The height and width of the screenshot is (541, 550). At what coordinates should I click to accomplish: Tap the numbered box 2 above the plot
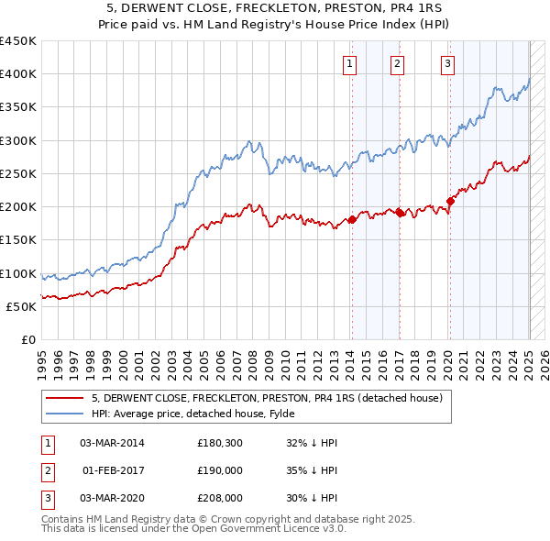tap(397, 63)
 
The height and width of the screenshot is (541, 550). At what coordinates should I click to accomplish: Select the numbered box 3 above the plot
tap(448, 63)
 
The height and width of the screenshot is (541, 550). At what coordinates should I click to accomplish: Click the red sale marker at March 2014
tap(352, 219)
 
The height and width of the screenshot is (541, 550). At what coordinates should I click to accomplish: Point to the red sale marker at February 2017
tap(400, 213)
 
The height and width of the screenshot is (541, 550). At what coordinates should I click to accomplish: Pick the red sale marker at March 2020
tap(450, 201)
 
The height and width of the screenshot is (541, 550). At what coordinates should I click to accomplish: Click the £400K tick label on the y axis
tap(18, 74)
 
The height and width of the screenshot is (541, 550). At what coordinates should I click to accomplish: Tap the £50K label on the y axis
tap(22, 307)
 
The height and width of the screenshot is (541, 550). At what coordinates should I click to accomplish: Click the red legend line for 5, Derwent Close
tap(65, 398)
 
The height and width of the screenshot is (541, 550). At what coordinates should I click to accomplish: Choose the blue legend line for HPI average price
tap(65, 413)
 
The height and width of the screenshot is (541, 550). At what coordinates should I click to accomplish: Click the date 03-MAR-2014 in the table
tap(112, 443)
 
